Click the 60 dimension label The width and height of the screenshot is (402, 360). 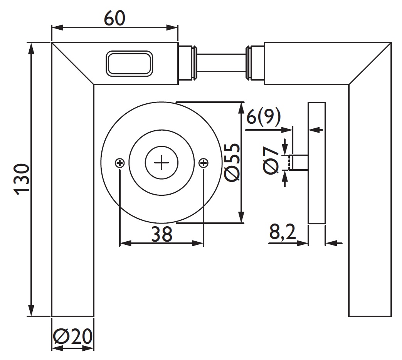[x=114, y=18]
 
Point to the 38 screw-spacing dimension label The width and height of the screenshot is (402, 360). [x=161, y=234]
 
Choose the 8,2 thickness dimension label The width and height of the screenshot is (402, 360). [x=282, y=232]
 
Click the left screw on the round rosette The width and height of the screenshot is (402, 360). [x=120, y=163]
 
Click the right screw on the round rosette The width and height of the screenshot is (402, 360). [x=203, y=163]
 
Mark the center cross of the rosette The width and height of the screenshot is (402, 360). [x=161, y=163]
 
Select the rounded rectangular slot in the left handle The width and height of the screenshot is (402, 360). [x=130, y=63]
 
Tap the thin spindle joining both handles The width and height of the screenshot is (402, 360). [x=222, y=63]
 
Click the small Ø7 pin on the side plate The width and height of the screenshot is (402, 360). [x=299, y=162]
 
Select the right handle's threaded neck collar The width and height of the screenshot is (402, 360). [x=254, y=63]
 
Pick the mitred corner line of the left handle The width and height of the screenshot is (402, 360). [x=72, y=64]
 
